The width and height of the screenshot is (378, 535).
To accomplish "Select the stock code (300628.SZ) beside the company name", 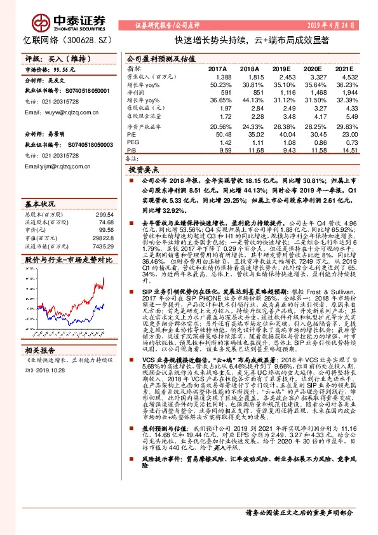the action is click(x=91, y=39).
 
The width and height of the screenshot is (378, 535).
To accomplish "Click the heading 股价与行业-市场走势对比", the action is click(x=68, y=261).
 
